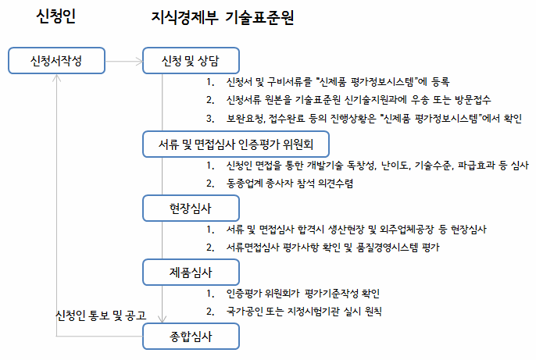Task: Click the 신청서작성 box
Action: click(x=56, y=61)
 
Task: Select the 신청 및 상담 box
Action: click(x=191, y=61)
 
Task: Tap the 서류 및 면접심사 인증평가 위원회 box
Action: click(x=236, y=144)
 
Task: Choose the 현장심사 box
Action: click(x=191, y=208)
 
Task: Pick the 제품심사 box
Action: click(x=191, y=273)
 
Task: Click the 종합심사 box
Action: click(x=191, y=337)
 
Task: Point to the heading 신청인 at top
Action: click(x=55, y=16)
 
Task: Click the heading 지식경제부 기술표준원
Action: click(x=223, y=18)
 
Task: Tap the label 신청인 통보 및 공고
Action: click(x=101, y=315)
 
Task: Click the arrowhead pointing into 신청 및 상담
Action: click(x=140, y=62)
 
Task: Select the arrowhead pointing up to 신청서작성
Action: click(x=57, y=78)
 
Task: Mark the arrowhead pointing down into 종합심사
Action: click(x=162, y=319)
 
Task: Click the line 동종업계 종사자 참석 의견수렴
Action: click(x=290, y=184)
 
